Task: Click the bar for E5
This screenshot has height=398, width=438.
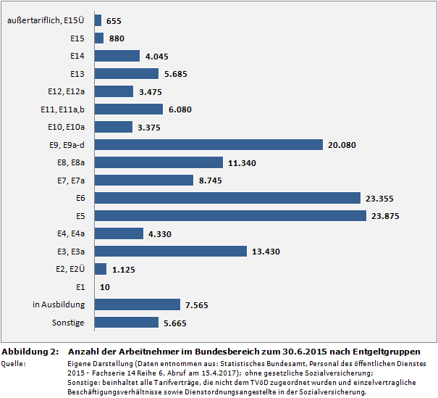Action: (x=230, y=215)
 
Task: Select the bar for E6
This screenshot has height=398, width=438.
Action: (x=227, y=198)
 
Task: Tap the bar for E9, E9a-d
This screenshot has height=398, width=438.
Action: (x=209, y=145)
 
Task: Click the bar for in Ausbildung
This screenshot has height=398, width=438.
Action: (x=138, y=304)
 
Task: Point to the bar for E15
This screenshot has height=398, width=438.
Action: (x=99, y=38)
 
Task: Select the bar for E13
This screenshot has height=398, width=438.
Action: (x=127, y=74)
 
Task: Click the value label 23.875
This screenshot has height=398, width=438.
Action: (x=385, y=216)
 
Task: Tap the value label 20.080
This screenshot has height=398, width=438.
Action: (x=342, y=145)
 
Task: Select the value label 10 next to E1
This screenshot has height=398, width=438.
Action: (x=105, y=287)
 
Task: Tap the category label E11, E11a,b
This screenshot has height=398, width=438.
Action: (x=63, y=109)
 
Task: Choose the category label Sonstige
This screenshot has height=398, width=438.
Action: (x=69, y=322)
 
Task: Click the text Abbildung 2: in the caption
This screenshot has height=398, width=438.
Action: (x=30, y=351)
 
